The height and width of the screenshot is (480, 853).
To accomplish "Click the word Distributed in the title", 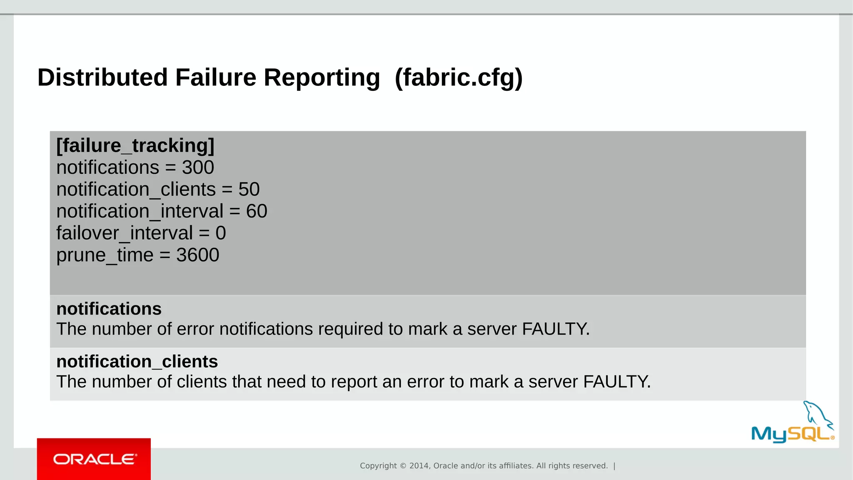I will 102,77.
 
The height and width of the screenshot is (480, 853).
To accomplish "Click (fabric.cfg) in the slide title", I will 459,77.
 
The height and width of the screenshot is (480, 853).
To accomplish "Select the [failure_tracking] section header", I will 135,146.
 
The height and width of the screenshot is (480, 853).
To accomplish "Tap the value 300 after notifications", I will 198,167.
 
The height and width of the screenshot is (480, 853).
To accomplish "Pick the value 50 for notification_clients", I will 249,190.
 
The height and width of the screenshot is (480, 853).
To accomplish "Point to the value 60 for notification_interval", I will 257,211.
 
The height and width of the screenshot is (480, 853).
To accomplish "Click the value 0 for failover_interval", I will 221,233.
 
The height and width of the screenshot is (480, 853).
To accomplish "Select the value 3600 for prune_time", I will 197,255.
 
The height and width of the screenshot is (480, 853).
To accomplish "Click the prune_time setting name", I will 105,255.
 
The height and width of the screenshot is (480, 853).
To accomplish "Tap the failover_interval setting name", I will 125,233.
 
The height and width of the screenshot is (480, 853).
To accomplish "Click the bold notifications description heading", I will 109,309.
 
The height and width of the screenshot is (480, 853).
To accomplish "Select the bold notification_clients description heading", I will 137,362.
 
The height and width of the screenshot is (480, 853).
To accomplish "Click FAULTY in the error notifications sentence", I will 555,329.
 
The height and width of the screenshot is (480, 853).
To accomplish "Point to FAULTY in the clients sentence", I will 616,382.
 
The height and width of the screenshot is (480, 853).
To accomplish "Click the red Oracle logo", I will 94,459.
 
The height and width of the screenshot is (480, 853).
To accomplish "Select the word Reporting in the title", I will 322,77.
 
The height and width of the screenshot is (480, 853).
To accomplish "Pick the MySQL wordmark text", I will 791,434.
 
